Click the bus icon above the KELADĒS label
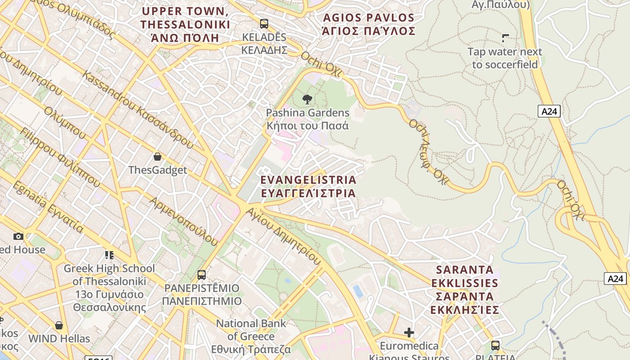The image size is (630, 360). click(x=264, y=24)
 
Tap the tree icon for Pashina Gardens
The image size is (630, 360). click(x=307, y=99)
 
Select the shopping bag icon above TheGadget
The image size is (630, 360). click(x=157, y=157)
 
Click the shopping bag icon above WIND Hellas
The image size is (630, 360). click(x=59, y=325)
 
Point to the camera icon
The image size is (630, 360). click(x=18, y=236)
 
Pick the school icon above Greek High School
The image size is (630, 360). click(x=109, y=255)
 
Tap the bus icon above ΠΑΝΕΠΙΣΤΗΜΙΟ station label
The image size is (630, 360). click(x=202, y=274)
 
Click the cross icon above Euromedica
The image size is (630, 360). click(x=409, y=333)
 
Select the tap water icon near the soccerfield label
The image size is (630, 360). click(x=505, y=38)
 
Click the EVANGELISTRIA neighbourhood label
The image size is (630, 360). click(x=308, y=186)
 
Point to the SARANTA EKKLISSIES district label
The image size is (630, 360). click(x=464, y=290)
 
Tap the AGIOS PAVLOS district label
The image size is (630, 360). click(x=369, y=24)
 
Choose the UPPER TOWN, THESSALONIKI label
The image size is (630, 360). click(x=185, y=24)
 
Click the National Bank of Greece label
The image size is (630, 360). click(x=251, y=336)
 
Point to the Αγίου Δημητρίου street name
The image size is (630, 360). click(x=283, y=236)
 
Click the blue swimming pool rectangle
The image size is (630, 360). click(x=358, y=291)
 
